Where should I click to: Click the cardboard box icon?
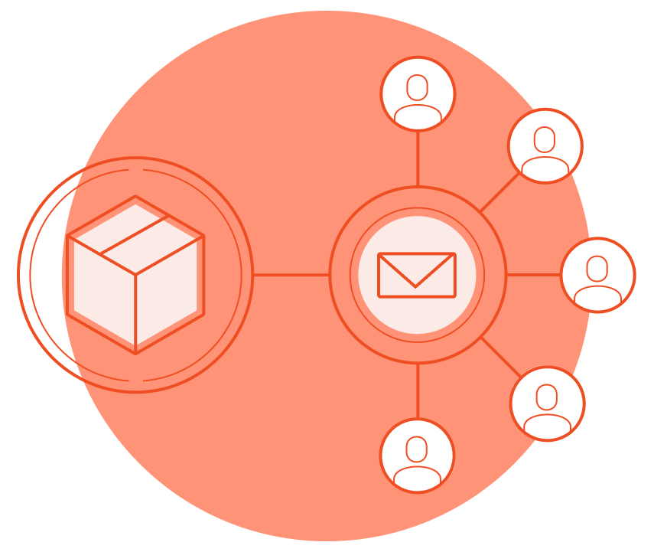135,275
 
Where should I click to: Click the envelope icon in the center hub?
417,275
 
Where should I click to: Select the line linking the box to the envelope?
291,275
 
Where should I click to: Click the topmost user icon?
418,93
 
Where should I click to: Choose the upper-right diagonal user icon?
545,145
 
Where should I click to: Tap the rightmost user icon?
597,275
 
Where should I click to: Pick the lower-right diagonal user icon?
548,403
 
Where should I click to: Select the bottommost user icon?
417,456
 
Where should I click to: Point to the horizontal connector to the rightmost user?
533,275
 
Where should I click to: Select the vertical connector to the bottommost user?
418,391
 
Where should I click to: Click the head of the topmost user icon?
418,87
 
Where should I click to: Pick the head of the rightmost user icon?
597,268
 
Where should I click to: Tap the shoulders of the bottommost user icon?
417,476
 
